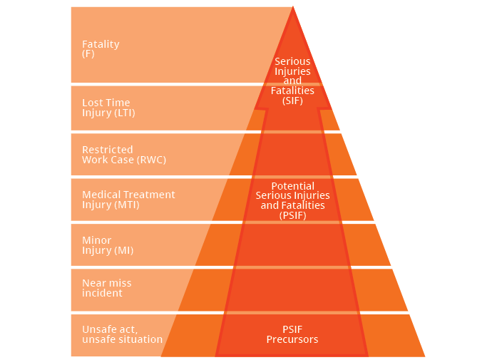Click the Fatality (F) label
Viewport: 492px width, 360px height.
[x=101, y=48]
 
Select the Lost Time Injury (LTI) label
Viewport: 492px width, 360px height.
[x=108, y=108]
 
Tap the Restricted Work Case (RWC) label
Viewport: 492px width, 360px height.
[x=123, y=155]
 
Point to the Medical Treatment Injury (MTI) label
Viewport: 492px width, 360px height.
[x=128, y=200]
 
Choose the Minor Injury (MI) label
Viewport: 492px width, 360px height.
[x=108, y=245]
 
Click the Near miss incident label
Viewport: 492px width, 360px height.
[x=107, y=288]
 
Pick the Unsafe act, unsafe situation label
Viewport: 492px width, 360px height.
[x=122, y=334]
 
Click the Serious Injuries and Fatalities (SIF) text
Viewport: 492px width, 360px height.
[x=292, y=81]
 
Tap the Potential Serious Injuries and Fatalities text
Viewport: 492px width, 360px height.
[x=292, y=200]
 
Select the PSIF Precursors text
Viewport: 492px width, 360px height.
[x=292, y=334]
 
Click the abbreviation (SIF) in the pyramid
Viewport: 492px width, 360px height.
[x=292, y=101]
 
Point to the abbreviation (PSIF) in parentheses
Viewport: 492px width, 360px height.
[x=292, y=215]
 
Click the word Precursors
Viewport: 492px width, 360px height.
[x=292, y=339]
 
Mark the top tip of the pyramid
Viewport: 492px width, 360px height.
[x=293, y=8]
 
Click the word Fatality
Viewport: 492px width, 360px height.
[x=101, y=44]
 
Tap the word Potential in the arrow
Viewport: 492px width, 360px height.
[x=292, y=186]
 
